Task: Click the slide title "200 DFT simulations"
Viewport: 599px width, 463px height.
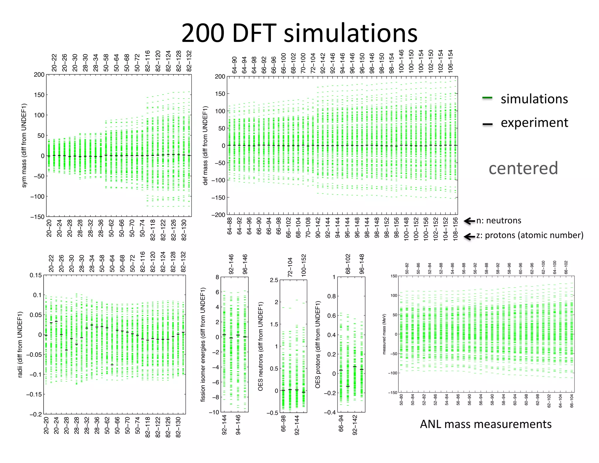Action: pos(299,33)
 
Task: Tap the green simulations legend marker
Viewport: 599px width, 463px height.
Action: pos(487,98)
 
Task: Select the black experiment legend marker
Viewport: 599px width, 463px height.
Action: pos(487,124)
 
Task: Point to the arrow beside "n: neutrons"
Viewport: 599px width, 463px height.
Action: pos(469,221)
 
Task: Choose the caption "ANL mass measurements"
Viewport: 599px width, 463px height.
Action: pos(486,424)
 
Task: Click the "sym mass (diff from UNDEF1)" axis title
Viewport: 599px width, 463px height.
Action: pos(24,145)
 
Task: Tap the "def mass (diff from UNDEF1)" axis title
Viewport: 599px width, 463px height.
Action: pos(205,145)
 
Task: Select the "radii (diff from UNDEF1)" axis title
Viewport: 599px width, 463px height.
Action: pos(20,344)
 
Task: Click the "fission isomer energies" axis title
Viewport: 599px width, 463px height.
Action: pos(203,344)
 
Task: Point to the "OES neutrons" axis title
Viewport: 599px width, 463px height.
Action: pos(260,347)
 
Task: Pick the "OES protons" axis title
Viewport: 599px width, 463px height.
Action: pos(318,344)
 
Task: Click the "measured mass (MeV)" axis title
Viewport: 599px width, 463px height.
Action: pos(384,334)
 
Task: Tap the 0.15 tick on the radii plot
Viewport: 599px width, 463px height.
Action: pos(36,275)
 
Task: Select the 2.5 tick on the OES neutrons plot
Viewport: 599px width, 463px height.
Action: pos(274,280)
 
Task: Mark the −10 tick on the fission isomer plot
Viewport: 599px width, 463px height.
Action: pos(214,412)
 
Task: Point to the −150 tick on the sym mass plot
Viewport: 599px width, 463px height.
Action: pos(37,217)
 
